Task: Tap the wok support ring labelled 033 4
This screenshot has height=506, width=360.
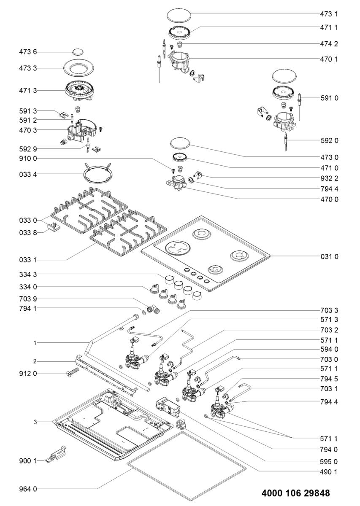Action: pos(97,172)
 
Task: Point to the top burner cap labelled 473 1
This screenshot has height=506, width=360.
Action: pos(179,15)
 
